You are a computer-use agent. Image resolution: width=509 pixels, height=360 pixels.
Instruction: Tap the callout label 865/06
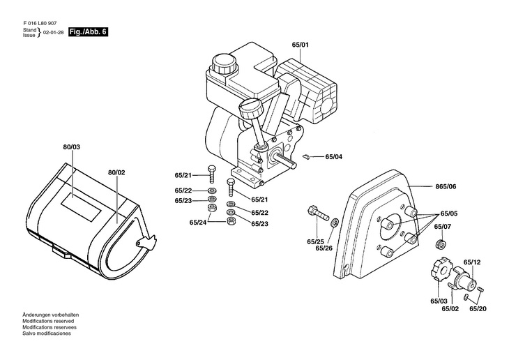coord(446,187)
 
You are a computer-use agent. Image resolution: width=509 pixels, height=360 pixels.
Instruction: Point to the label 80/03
coord(72,148)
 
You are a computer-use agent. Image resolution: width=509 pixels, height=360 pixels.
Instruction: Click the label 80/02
coord(116,172)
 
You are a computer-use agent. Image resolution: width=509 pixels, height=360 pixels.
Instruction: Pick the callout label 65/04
coord(334,157)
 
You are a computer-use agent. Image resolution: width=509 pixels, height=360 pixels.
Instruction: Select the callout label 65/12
coord(472,262)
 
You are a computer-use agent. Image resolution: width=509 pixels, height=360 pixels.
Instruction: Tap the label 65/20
coord(478,308)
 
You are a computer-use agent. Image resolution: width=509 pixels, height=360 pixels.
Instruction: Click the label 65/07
coord(443,226)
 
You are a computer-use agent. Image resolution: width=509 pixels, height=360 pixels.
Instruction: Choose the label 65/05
coord(448,213)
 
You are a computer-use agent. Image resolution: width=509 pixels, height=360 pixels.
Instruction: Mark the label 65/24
coord(199,223)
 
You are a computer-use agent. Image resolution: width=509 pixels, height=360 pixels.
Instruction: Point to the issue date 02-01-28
coord(53,33)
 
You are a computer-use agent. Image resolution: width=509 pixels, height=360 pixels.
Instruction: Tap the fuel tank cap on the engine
coord(224,65)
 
